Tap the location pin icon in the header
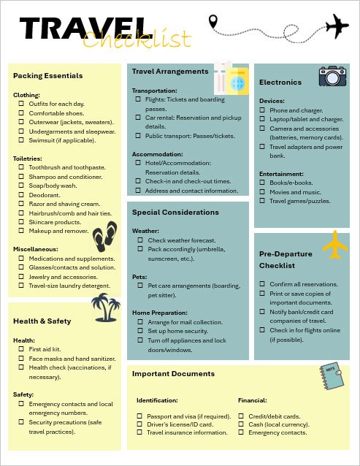point(214,22)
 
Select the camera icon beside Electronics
point(332,75)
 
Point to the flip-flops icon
point(104,235)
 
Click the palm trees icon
point(106,308)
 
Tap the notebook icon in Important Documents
point(330,377)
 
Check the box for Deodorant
point(22,195)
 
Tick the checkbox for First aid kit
point(22,349)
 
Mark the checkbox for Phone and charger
point(263,110)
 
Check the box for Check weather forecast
point(138,240)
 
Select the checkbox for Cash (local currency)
point(242,424)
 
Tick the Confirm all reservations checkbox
point(263,283)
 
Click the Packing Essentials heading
point(47,75)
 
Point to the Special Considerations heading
point(175,212)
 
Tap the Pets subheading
point(139,277)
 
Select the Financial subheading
point(253,400)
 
